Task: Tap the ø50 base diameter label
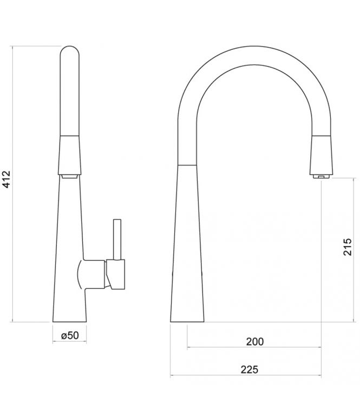70,336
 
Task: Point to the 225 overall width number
248,369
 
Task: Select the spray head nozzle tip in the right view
320,176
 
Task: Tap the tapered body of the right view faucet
188,243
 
